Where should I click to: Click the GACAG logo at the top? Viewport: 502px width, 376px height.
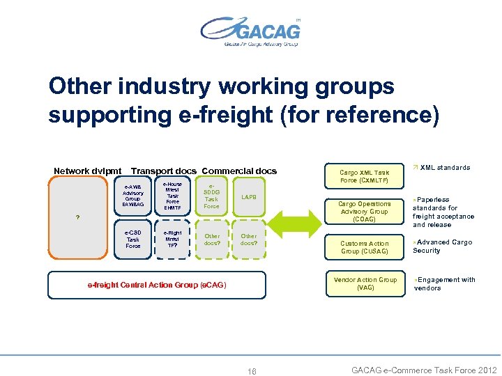[x=250, y=32]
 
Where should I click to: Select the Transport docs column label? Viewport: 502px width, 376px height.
[x=164, y=171]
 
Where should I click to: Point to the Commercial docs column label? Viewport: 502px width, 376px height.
[x=239, y=171]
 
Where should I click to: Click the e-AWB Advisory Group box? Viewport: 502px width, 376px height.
[x=132, y=196]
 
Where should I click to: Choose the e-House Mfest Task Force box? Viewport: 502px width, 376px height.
[x=172, y=196]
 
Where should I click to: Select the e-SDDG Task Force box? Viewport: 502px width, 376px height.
[x=211, y=196]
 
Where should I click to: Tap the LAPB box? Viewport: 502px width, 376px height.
[x=249, y=197]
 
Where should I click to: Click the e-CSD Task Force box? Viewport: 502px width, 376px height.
[x=132, y=239]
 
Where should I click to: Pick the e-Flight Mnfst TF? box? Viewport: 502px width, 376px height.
[x=172, y=239]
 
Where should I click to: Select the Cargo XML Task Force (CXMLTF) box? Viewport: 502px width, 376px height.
[x=364, y=176]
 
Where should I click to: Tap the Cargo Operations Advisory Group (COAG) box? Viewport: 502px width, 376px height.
[x=364, y=212]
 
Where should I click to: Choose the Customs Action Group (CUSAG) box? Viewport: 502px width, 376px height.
[x=364, y=247]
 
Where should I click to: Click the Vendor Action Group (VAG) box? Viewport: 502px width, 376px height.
[x=364, y=283]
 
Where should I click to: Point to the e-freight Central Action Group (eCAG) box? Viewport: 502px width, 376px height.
[x=157, y=285]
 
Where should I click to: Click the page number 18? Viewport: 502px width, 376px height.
[x=252, y=371]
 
